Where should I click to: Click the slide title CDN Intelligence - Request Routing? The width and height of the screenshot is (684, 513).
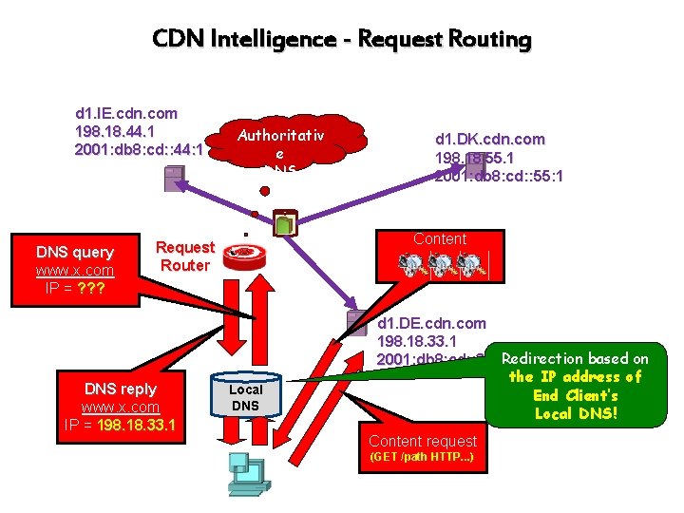(x=342, y=39)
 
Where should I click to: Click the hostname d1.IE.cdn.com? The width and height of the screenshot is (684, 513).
(x=126, y=114)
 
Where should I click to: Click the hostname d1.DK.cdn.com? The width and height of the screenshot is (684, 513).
(x=489, y=139)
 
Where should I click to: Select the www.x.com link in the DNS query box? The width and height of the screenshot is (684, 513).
(x=75, y=270)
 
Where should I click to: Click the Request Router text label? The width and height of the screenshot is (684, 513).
(x=185, y=256)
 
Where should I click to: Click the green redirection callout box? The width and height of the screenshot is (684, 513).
(x=586, y=386)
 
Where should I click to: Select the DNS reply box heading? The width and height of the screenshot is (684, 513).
(x=121, y=389)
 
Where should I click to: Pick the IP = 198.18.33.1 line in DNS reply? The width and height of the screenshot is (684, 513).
(x=121, y=425)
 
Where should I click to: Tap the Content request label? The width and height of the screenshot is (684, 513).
(x=422, y=441)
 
